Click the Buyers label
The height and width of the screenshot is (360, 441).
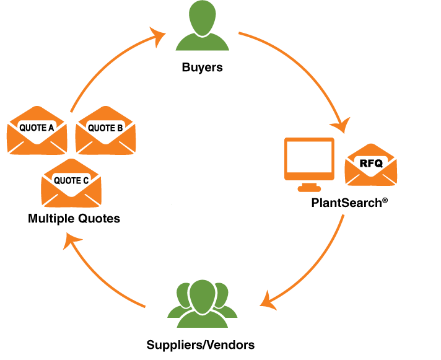(202, 68)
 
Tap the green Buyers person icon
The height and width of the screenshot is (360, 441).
(202, 26)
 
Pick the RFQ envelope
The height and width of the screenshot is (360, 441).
(370, 165)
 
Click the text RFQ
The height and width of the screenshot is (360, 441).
(371, 163)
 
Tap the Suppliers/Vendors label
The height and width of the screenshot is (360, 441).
(201, 345)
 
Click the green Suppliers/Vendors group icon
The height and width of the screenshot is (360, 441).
(202, 304)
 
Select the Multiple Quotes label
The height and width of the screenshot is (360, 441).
(74, 219)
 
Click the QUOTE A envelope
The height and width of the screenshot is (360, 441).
(37, 131)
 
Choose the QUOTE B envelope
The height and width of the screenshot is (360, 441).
(105, 131)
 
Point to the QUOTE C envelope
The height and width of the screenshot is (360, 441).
(71, 183)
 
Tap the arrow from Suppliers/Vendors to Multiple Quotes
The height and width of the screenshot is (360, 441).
(95, 277)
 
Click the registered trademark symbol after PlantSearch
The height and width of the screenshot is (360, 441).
(385, 200)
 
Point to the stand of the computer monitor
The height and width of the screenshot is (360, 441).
(309, 187)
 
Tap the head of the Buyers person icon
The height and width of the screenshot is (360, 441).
(202, 17)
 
